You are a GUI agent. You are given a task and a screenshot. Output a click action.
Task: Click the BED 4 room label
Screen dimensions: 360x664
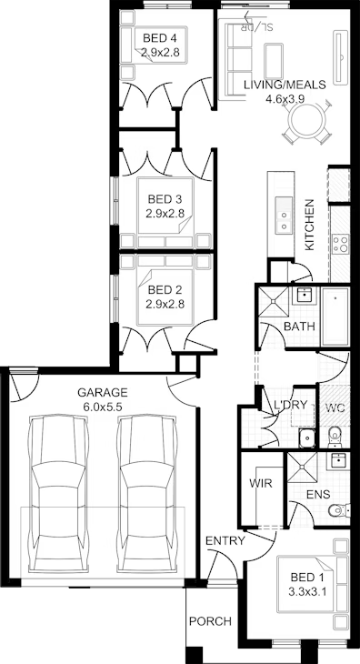(159, 38)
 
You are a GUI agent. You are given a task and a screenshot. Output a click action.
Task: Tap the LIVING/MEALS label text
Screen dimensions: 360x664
(285, 85)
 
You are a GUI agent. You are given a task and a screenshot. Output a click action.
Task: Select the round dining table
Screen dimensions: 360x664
(306, 121)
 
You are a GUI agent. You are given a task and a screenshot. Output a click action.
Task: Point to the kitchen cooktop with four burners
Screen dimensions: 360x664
(340, 245)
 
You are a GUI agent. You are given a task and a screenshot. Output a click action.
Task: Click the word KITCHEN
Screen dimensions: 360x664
(310, 225)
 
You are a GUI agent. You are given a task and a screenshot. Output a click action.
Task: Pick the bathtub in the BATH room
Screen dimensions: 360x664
(335, 317)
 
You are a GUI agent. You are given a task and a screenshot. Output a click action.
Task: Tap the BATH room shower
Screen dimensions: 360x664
(274, 301)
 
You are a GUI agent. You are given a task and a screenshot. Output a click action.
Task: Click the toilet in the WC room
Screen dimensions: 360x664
(335, 437)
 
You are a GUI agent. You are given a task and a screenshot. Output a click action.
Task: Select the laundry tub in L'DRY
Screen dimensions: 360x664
(306, 438)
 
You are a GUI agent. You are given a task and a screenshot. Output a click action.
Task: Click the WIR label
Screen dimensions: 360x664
(261, 483)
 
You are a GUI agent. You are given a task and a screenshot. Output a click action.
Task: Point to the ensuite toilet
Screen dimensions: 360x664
(339, 510)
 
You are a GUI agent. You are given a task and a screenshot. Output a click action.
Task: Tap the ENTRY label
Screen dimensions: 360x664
(225, 541)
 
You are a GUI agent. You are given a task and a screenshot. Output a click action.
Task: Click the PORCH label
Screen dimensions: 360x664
(210, 621)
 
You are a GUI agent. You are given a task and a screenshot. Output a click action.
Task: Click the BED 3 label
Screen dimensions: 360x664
(165, 198)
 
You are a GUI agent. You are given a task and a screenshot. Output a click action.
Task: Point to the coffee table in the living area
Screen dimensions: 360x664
(275, 61)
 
